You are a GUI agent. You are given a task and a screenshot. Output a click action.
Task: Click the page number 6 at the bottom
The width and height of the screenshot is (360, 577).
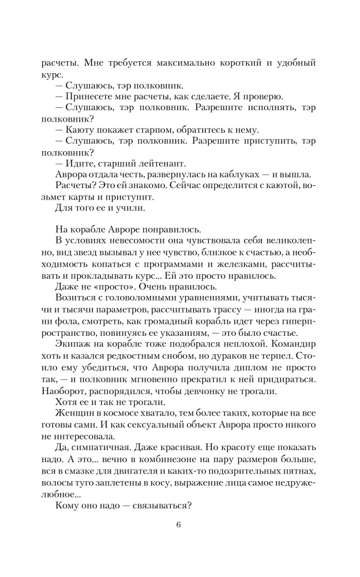[x=179, y=525]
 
